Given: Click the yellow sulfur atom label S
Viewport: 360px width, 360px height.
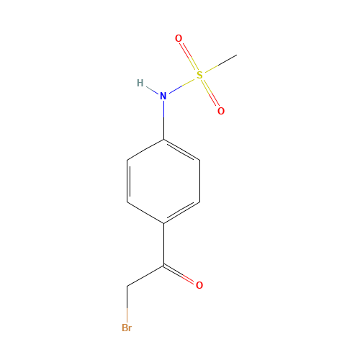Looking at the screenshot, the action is point(199,74).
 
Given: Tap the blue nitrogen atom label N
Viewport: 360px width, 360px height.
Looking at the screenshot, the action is point(163,95).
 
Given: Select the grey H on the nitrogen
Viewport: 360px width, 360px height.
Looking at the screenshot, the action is point(140,83).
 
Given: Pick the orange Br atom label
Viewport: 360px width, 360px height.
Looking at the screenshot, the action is point(127,328).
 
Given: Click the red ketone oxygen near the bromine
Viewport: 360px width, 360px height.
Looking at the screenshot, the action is point(199,285).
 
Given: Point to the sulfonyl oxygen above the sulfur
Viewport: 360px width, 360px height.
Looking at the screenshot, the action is point(179,38).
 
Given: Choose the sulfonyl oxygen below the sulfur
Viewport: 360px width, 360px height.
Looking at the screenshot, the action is point(221,111).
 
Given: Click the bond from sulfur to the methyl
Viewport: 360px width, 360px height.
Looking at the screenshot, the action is point(218,64).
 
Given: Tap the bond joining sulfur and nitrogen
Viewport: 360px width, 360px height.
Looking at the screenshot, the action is point(181,85).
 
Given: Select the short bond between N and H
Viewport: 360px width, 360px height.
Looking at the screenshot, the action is point(152,89).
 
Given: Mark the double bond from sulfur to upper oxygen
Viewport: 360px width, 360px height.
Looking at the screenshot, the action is point(189,56).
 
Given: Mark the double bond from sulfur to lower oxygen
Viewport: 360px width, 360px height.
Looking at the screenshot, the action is point(210,93).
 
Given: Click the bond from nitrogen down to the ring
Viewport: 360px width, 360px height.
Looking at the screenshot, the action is point(163,120).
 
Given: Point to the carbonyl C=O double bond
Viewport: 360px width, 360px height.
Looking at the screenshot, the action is point(183,274).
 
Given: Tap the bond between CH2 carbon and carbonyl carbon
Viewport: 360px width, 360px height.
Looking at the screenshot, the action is point(146,276).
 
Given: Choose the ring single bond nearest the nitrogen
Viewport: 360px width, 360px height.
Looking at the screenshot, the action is point(145,149).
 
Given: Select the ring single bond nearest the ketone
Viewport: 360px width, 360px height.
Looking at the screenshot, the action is point(145,212).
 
